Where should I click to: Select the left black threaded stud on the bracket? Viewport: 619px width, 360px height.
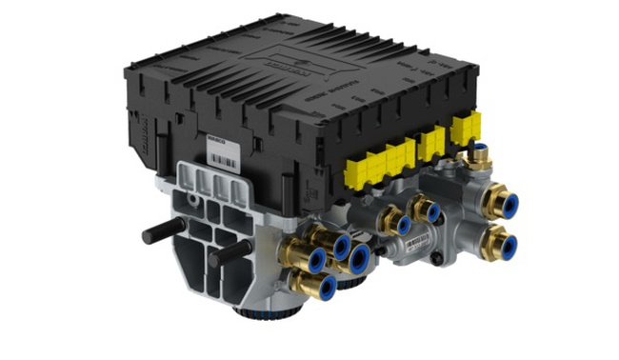(x=161, y=231)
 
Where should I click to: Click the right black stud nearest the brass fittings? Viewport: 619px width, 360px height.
(x=230, y=253)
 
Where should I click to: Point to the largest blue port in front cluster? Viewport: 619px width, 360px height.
(x=358, y=258)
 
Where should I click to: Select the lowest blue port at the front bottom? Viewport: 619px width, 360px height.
(x=324, y=285)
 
